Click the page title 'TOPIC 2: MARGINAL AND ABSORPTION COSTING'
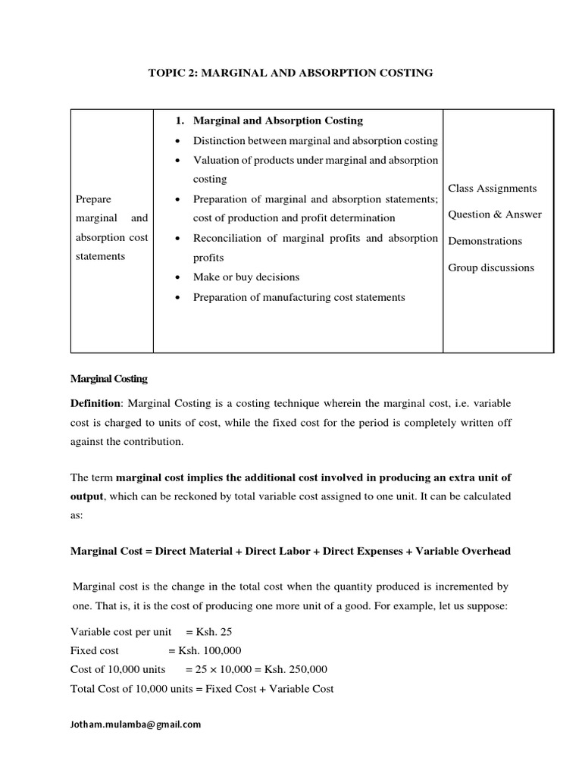(290, 73)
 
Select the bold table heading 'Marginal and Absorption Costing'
(278, 120)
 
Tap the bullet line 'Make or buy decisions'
(246, 277)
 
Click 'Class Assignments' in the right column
(492, 188)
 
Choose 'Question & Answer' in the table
(495, 214)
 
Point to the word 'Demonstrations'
(485, 241)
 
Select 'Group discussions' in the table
(491, 268)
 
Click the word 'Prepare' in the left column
(93, 199)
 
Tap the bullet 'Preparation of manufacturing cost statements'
(299, 297)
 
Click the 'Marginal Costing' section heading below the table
(109, 378)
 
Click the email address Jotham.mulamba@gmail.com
(136, 724)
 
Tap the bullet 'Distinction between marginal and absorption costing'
(315, 141)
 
